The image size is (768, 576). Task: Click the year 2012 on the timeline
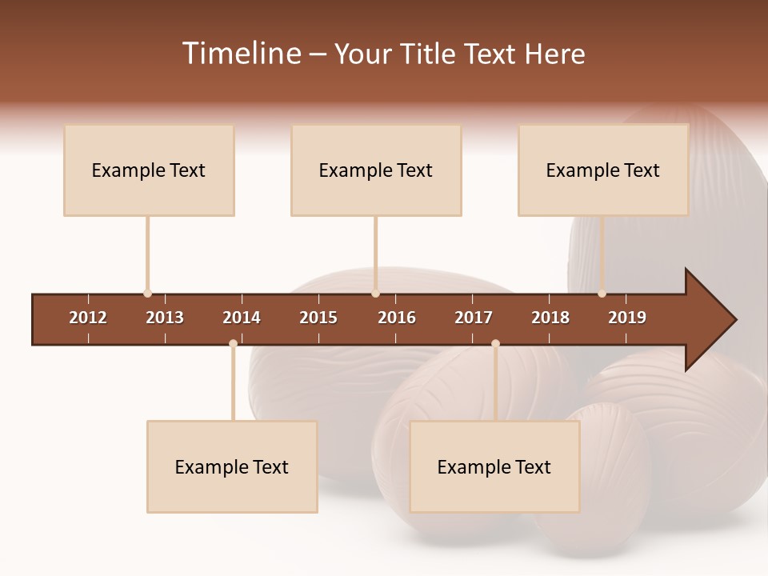tap(88, 318)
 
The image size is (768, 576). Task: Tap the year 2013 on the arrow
tap(165, 318)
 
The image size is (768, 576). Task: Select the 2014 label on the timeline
tap(242, 318)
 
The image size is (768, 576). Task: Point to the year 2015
tap(318, 318)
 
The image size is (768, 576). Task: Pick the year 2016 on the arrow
tap(397, 318)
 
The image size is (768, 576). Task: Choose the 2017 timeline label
tap(474, 318)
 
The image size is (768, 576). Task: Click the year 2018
tap(550, 318)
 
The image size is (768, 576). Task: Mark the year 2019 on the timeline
tap(627, 318)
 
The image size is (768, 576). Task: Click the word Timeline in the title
tap(241, 54)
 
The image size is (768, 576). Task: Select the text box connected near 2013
tap(149, 170)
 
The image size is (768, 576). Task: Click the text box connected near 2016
tap(376, 170)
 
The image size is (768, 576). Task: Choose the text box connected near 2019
tap(603, 170)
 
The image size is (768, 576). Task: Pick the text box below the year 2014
tap(232, 467)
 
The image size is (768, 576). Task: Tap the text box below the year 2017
tap(494, 467)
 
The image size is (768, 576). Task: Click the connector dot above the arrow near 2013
tap(147, 294)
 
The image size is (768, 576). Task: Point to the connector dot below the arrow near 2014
tap(233, 344)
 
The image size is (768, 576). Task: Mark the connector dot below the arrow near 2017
tap(495, 344)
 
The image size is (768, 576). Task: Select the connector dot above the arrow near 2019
tap(602, 294)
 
